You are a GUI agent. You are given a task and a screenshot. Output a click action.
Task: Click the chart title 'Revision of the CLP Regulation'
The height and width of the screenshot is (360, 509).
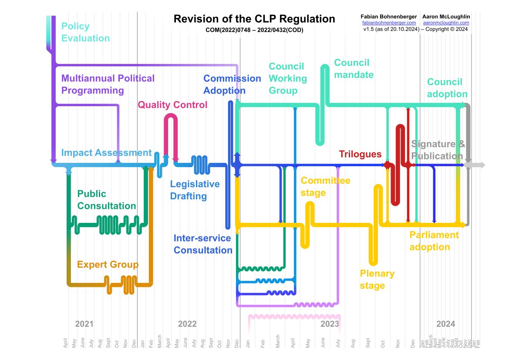254,19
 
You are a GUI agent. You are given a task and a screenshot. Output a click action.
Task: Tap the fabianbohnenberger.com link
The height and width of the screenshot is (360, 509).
389,23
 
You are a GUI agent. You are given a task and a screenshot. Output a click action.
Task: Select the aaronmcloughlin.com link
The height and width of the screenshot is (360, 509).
446,23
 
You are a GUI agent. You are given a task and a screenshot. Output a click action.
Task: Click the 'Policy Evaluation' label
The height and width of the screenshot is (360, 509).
85,32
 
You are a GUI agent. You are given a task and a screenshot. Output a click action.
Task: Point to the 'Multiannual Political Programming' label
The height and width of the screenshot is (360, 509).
108,84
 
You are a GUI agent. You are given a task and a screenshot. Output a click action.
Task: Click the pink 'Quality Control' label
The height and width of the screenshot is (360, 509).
172,105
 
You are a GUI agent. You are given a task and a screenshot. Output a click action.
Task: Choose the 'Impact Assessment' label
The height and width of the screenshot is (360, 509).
106,153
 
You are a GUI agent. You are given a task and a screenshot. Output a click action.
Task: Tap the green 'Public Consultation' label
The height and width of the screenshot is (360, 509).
106,200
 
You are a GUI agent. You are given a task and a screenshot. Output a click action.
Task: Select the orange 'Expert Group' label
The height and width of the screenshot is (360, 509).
108,265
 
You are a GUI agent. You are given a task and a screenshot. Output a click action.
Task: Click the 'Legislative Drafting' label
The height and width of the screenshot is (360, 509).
195,190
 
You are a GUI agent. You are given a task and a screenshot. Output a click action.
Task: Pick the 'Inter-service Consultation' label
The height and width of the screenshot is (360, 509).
203,244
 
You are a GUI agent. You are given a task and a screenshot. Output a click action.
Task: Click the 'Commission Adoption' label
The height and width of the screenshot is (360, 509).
232,84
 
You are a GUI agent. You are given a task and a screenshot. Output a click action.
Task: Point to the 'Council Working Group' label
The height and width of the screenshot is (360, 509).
287,78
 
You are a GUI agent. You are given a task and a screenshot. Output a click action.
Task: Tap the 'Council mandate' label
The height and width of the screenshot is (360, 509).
354,69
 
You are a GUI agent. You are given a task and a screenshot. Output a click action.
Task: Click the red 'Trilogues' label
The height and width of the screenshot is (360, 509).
360,154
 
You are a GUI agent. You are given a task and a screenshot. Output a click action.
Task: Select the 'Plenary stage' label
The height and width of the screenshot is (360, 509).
377,279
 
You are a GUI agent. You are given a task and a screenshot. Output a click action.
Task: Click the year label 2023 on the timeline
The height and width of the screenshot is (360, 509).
330,324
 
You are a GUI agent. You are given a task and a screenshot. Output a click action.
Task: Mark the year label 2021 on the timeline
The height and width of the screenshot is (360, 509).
84,324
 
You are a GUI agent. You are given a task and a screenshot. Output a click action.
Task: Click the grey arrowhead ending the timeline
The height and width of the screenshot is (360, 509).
480,165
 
